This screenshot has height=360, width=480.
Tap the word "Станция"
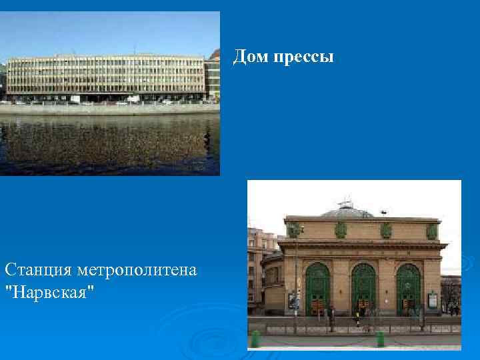[38, 271]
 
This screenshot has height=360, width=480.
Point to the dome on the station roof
[347, 211]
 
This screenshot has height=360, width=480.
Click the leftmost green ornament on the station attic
[294, 230]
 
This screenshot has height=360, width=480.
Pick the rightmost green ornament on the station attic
[431, 231]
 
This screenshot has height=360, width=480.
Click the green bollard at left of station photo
[255, 339]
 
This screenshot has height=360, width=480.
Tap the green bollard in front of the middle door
[380, 339]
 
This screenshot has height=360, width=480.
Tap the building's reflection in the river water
[107, 143]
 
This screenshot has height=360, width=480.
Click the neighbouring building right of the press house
[213, 77]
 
